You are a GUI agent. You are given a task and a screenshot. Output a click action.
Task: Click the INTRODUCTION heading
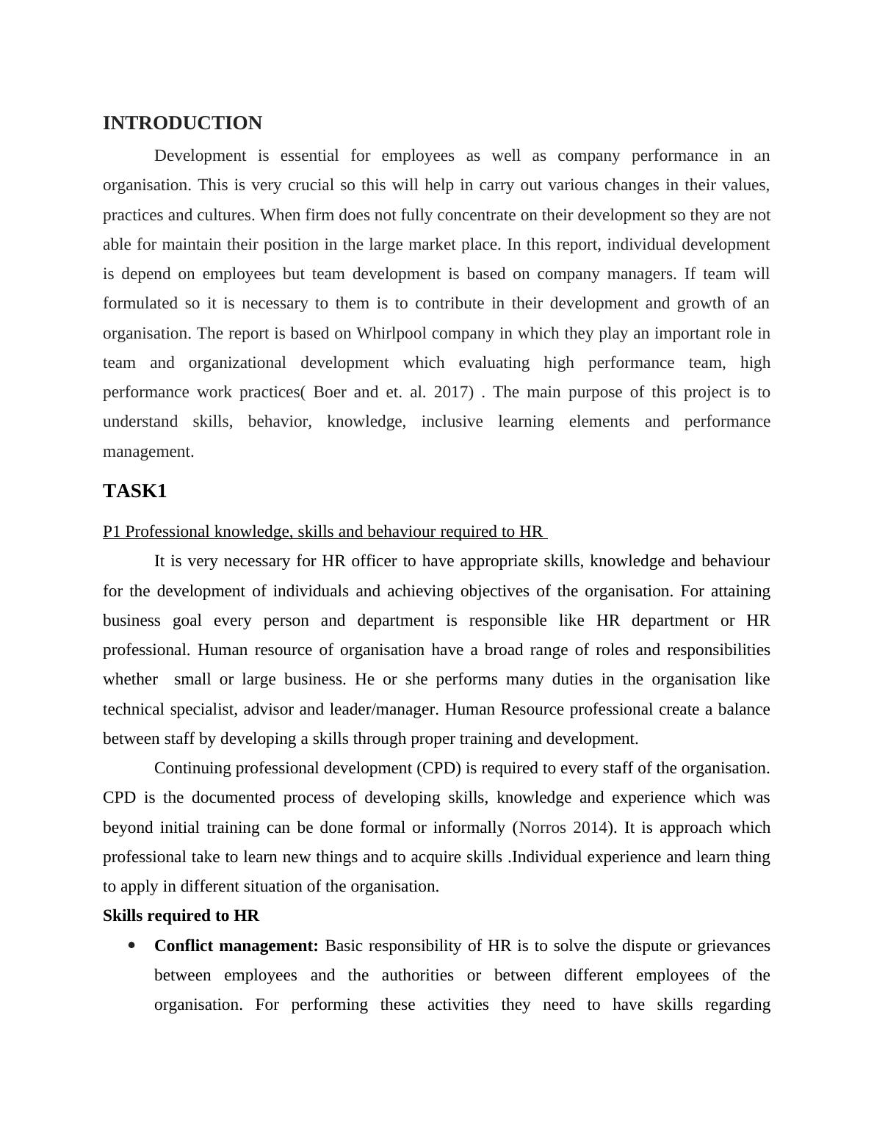tap(182, 123)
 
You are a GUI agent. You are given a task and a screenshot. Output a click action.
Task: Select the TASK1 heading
tap(134, 491)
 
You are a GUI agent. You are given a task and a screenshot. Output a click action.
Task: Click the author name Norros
tap(542, 828)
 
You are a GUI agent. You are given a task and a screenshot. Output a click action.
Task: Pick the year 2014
tap(590, 828)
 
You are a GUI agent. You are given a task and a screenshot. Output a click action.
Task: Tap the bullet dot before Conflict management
tap(131, 945)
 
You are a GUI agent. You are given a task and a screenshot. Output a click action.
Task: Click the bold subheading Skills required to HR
tap(181, 916)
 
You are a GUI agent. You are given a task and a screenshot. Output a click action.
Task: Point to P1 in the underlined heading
tap(112, 532)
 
